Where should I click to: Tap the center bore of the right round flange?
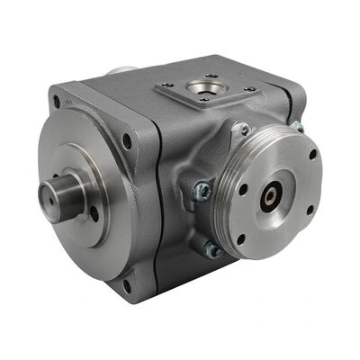(269, 195)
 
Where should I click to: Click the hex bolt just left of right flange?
(202, 190)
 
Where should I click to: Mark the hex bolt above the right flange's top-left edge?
(240, 130)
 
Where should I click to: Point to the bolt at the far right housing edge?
(296, 126)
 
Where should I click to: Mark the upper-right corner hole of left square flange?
(126, 140)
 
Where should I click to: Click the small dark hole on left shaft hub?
(93, 213)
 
